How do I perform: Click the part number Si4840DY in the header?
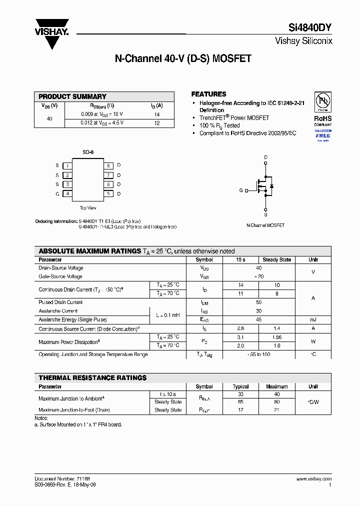310,28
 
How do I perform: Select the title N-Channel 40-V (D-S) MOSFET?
183,58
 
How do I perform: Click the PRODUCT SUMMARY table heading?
72,96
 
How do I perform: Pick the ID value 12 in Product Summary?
156,123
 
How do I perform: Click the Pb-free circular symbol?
322,102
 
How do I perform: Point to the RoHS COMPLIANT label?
322,121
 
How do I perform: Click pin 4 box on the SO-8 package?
67,193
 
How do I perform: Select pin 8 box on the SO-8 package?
108,165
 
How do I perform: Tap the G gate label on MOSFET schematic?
240,190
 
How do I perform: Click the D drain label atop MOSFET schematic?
265,157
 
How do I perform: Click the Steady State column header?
277,260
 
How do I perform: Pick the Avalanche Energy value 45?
258,319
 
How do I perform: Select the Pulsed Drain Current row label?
60,302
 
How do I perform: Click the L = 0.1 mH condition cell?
167,315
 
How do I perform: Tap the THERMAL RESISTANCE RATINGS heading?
92,378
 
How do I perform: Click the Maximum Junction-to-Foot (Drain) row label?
74,410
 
